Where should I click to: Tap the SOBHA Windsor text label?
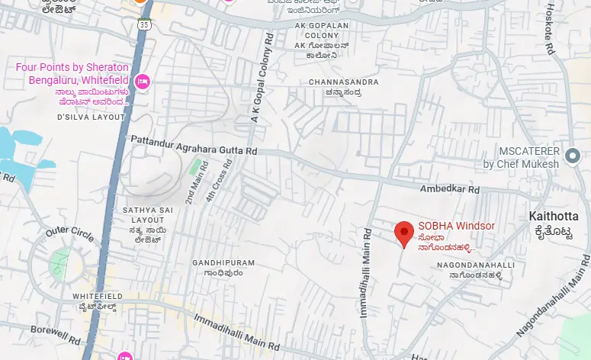[x=456, y=226]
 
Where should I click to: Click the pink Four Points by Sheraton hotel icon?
[x=142, y=81]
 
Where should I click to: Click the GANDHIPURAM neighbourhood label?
[x=223, y=262]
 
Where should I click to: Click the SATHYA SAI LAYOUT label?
[x=148, y=211]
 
